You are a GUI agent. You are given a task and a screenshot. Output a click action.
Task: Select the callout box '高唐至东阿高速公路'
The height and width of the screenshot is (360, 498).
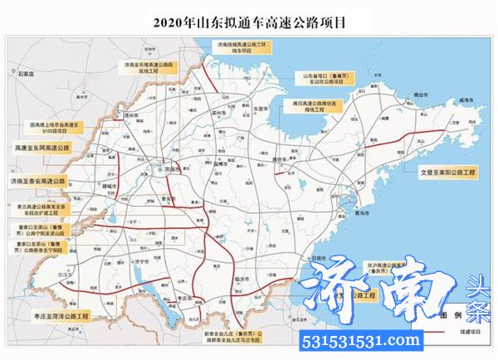pos(42,146)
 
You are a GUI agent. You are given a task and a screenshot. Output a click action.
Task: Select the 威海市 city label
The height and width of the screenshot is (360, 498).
pos(473,100)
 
